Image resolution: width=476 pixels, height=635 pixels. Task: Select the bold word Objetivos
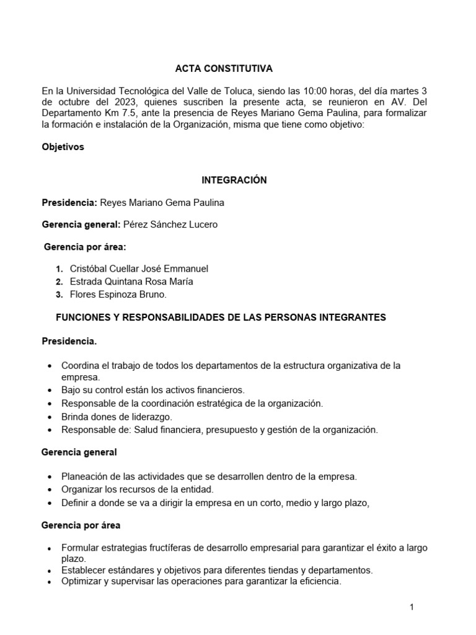pos(63,147)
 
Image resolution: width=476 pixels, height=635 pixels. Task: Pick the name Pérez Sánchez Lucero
pos(170,224)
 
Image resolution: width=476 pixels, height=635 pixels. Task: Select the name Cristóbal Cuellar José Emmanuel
pos(139,269)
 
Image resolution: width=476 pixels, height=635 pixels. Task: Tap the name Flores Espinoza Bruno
pos(118,295)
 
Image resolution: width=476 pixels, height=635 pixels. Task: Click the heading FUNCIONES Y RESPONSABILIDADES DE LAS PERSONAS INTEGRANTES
pos(221,317)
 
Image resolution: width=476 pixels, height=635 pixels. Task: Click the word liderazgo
pos(151,416)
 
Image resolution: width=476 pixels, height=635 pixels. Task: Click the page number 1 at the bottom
pos(412,606)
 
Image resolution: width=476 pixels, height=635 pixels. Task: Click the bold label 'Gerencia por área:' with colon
pos(85,247)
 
